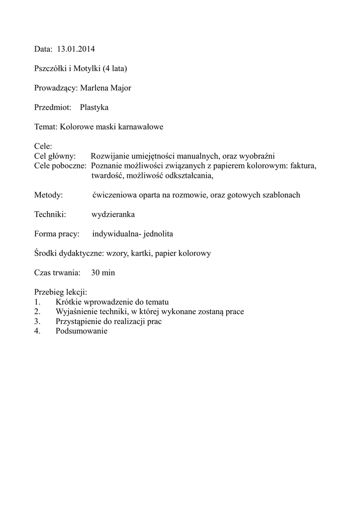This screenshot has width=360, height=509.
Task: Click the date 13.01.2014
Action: [76, 49]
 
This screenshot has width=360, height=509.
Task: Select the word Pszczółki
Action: [49, 69]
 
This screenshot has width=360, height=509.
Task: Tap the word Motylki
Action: [85, 69]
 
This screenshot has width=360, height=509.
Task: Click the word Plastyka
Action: [94, 107]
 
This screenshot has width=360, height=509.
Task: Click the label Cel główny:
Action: [55, 156]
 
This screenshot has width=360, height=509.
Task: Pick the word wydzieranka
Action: [113, 214]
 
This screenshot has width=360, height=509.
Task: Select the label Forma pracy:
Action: [57, 234]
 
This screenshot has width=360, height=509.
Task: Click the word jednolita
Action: [158, 234]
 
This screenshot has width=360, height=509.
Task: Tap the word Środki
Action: [46, 253]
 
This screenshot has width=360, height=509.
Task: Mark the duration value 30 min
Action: [103, 273]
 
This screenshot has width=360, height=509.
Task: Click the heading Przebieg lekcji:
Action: [61, 292]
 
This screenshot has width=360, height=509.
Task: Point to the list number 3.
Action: [37, 322]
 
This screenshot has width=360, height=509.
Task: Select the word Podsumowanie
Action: [82, 332]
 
